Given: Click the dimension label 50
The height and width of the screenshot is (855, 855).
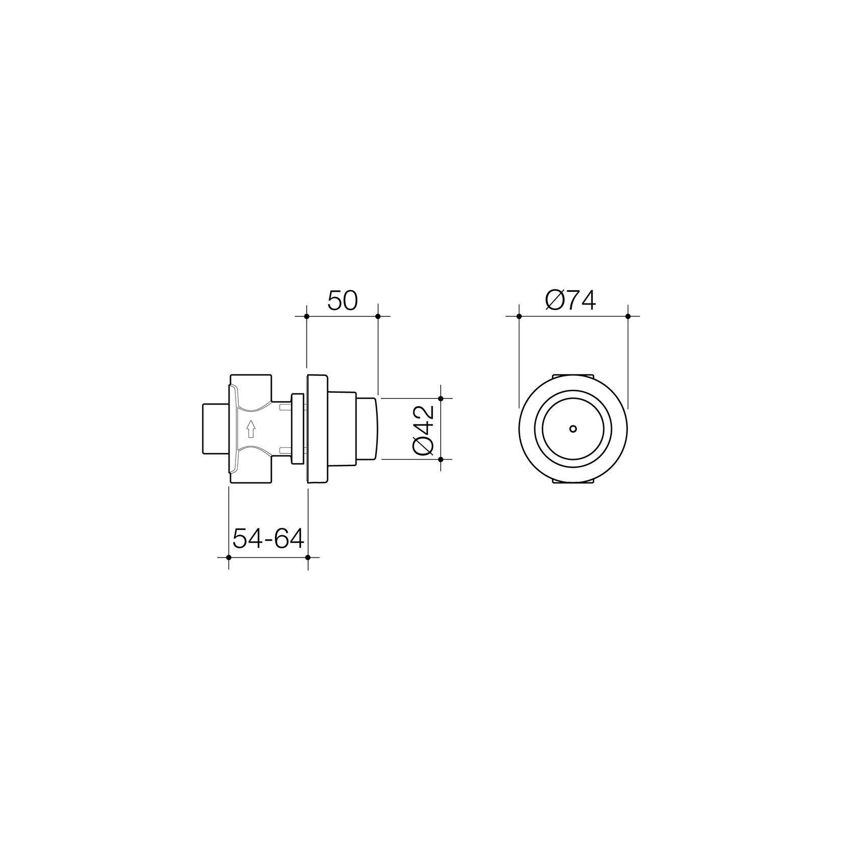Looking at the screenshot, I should pos(342,301).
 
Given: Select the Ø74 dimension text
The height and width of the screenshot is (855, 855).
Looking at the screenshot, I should pos(570,301).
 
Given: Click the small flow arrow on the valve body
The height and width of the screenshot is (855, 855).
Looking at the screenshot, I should pos(250,429).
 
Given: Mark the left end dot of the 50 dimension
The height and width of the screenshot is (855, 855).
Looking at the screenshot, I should pos(307,316).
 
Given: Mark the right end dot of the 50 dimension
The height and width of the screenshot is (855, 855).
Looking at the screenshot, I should pos(378,316).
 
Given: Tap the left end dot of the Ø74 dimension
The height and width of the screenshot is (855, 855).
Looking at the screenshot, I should pos(519,316).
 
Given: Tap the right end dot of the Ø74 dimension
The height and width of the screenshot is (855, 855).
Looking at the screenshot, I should pos(628,316).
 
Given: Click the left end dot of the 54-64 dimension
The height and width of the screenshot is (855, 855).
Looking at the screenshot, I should pos(229,557).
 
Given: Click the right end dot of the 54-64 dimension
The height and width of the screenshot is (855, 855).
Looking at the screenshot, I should pos(307,557).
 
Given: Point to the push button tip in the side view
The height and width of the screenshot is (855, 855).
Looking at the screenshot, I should pos(366,429).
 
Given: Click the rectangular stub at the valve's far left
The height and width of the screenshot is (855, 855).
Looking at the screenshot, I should pos(214,429).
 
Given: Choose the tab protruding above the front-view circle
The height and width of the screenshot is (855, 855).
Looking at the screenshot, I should pos(573,377).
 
